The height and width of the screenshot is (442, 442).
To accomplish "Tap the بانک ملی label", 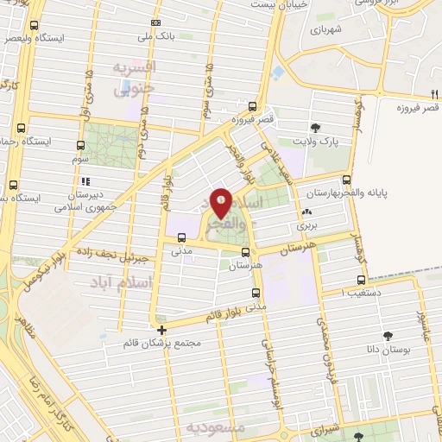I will (x=155, y=36).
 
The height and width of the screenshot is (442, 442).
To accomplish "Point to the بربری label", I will (x=307, y=225).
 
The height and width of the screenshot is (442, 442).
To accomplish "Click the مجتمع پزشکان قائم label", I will (x=162, y=343).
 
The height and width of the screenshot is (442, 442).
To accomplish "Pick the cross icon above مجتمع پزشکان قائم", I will (x=162, y=329).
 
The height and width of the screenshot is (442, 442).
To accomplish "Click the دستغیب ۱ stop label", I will (x=341, y=293).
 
